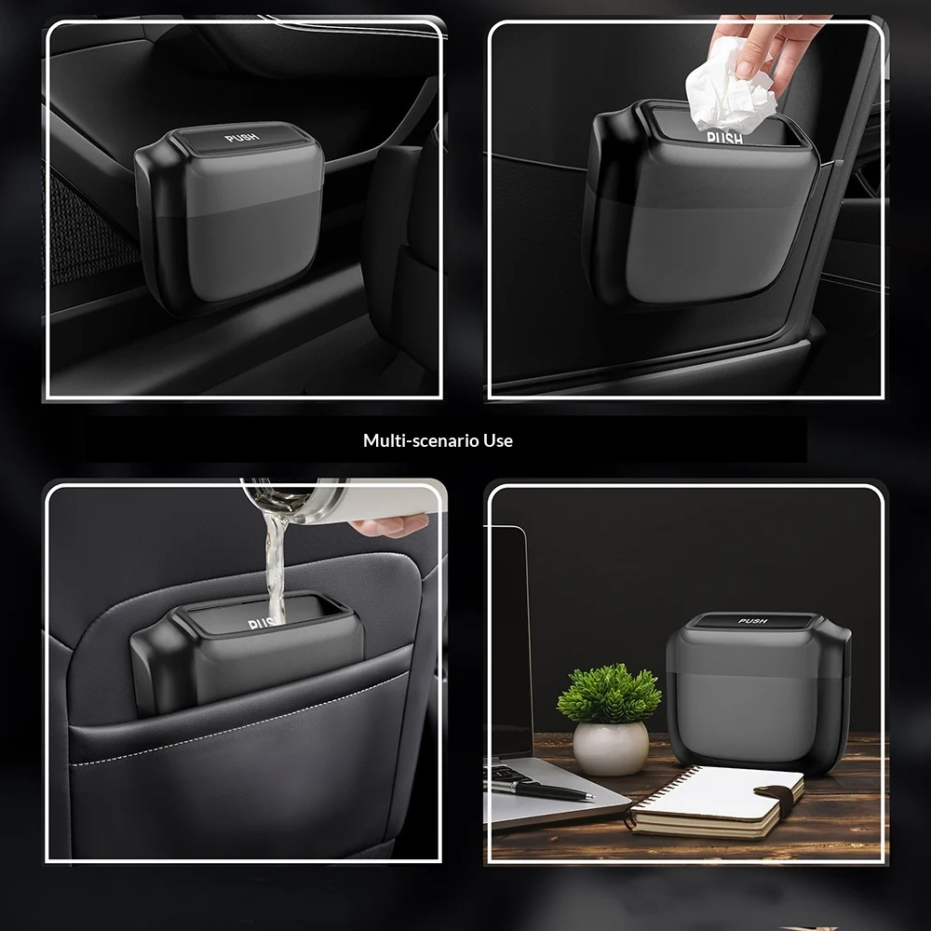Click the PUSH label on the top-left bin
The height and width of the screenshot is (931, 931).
[242, 138]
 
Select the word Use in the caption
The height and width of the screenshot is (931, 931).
[498, 440]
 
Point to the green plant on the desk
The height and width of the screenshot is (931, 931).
[609, 693]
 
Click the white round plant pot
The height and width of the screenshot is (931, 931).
[611, 748]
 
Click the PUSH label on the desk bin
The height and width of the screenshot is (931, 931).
[753, 621]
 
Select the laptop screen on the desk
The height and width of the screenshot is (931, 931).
[508, 641]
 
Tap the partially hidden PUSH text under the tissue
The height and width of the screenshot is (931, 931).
[725, 138]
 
